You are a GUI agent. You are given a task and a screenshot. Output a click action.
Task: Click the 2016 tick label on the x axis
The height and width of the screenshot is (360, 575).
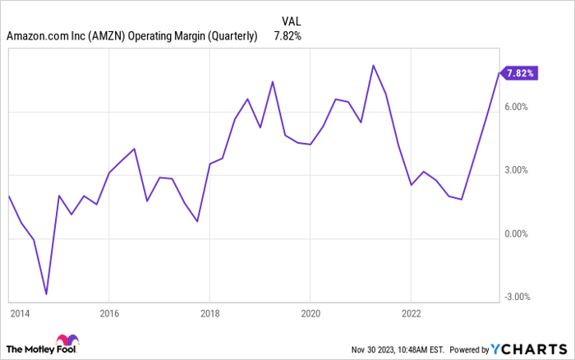pos(109,313)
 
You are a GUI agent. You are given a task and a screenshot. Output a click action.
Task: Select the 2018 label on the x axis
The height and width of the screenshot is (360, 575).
pos(209,313)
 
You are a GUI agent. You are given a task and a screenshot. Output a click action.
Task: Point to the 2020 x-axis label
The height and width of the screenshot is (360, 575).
pos(310,313)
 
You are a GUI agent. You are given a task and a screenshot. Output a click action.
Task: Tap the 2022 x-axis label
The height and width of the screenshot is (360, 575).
pos(411,313)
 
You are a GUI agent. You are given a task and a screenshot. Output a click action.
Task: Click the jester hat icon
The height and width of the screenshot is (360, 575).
pos(66,342)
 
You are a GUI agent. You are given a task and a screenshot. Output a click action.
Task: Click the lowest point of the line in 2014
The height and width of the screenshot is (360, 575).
pos(46,293)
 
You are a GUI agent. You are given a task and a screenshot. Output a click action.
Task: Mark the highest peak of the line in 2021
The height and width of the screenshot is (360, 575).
pos(373,66)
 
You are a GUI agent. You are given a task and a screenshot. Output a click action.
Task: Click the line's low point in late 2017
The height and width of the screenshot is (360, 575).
pos(197,221)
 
